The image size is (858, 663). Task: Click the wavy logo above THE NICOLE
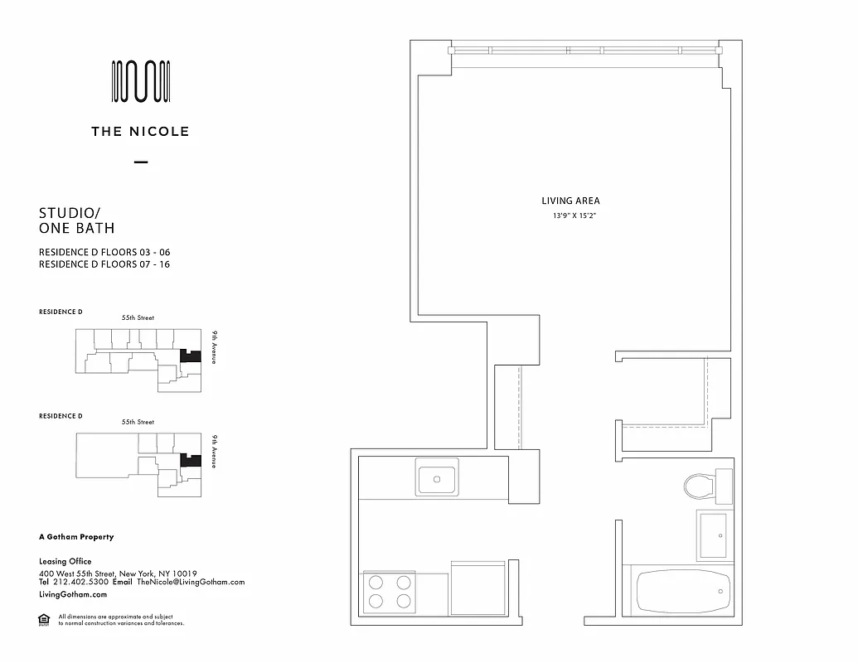tap(141, 82)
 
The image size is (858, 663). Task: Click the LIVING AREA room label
tap(570, 201)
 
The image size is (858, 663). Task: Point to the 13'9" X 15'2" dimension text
tap(570, 216)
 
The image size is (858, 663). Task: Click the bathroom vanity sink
tap(713, 535)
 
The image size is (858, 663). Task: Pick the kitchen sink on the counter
tap(438, 480)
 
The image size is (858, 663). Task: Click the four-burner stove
tap(390, 591)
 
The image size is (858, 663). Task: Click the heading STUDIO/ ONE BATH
tap(77, 221)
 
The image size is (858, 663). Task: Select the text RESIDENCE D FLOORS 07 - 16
tap(104, 264)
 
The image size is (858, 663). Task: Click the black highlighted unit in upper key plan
tap(191, 356)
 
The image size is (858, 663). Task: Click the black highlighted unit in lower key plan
tap(191, 459)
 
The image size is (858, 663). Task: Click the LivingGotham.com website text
tap(73, 594)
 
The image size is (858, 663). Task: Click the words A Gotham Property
tap(76, 537)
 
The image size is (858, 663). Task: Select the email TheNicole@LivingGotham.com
tap(191, 582)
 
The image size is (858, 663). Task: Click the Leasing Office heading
tap(65, 561)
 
